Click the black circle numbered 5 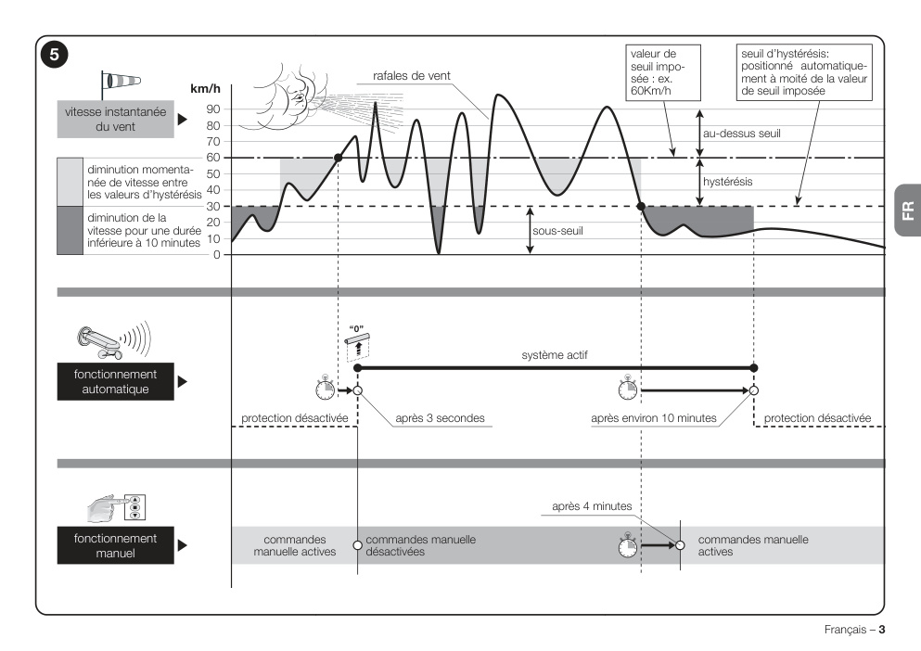pyautogui.click(x=54, y=55)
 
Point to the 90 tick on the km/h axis pyautogui.click(x=213, y=109)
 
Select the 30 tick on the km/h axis pyautogui.click(x=213, y=206)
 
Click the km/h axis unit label pyautogui.click(x=205, y=89)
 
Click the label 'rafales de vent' pyautogui.click(x=411, y=76)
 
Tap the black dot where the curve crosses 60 pyautogui.click(x=338, y=158)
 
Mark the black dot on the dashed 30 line pyautogui.click(x=641, y=206)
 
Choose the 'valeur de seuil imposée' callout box pyautogui.click(x=662, y=72)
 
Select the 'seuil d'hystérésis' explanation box pyautogui.click(x=804, y=72)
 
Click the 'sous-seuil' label pyautogui.click(x=557, y=231)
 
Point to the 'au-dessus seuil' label pyautogui.click(x=742, y=134)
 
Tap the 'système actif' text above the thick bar pyautogui.click(x=555, y=355)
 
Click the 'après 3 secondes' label pyautogui.click(x=440, y=417)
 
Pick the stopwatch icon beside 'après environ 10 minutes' pyautogui.click(x=627, y=389)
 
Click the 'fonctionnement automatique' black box pyautogui.click(x=116, y=381)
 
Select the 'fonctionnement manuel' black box pyautogui.click(x=116, y=545)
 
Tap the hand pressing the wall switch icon pyautogui.click(x=116, y=508)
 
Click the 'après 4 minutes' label pyautogui.click(x=592, y=506)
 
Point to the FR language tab pyautogui.click(x=908, y=210)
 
